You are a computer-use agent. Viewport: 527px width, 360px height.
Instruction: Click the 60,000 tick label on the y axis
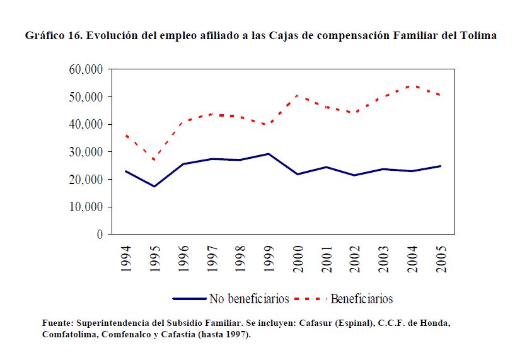[83, 69]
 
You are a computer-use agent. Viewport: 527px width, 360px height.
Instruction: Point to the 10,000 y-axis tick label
[83, 207]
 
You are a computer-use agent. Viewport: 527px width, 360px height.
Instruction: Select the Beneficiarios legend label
[361, 298]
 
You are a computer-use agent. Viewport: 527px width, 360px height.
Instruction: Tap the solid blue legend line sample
[189, 298]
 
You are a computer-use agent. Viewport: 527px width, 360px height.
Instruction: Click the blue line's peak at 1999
[269, 154]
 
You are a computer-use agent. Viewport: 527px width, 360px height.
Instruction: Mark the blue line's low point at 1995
[154, 187]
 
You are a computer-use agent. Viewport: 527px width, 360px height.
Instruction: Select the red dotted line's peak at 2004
[412, 85]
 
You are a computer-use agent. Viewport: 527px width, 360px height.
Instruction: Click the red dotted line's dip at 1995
[154, 160]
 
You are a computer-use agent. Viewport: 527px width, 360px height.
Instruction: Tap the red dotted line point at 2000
[298, 95]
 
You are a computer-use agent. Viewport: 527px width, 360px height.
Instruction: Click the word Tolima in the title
[480, 36]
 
